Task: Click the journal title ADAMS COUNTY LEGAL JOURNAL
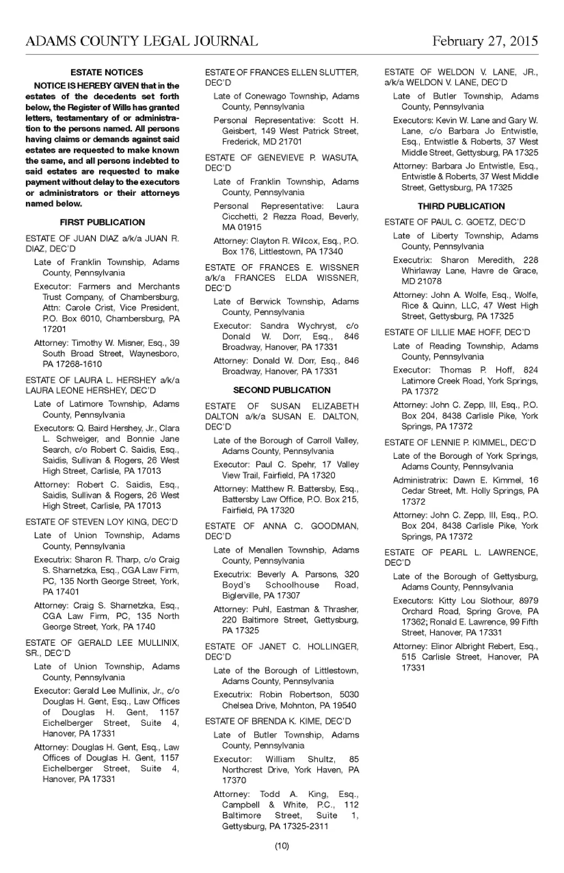(142, 41)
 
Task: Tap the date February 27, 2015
(485, 41)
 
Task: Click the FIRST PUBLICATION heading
(102, 222)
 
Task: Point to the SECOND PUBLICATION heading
(282, 390)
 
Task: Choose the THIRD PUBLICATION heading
(461, 206)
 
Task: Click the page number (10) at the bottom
(282, 845)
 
